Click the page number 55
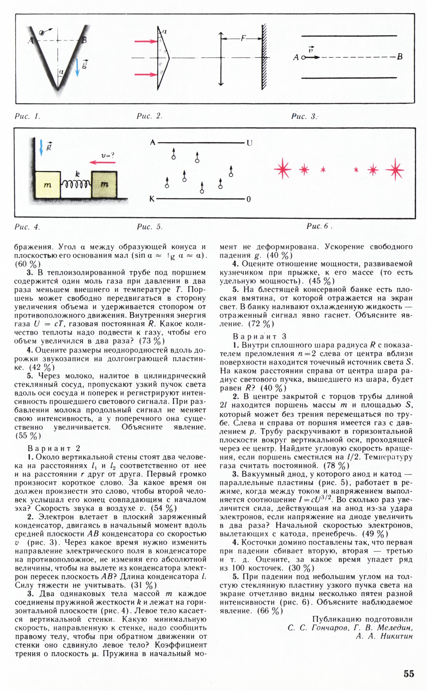[409, 674]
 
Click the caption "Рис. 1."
[27, 116]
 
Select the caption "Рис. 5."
[149, 227]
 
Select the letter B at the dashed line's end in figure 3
[400, 57]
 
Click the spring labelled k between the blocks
[76, 183]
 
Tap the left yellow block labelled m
[48, 185]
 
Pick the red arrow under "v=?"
[102, 162]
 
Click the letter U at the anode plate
[249, 143]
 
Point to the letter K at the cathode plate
[152, 199]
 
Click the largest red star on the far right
[395, 170]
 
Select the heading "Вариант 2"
[54, 448]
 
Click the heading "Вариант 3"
[259, 336]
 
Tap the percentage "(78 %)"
[336, 465]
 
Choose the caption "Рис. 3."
[304, 116]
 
